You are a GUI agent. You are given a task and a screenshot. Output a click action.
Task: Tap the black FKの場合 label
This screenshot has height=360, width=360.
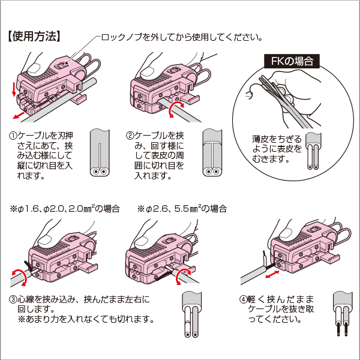pyautogui.click(x=291, y=61)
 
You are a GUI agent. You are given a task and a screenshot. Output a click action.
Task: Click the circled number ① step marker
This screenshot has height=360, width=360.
pyautogui.click(x=13, y=136)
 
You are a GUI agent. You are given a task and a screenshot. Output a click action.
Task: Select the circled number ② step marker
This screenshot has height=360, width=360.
pyautogui.click(x=130, y=136)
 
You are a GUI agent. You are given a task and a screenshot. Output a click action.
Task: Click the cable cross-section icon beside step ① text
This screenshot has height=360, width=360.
pyautogui.click(x=100, y=153)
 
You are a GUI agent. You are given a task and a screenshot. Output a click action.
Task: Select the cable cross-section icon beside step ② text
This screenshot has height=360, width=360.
pyautogui.click(x=214, y=153)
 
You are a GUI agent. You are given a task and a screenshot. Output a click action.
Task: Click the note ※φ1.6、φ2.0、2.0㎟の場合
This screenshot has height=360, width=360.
pyautogui.click(x=64, y=209)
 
